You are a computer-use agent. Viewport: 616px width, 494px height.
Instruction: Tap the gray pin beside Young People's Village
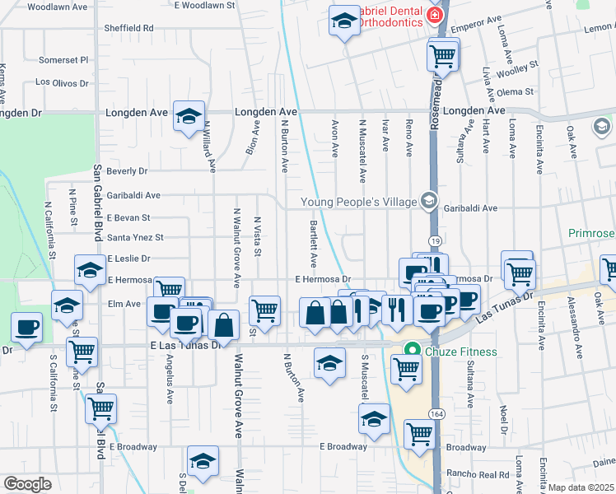click(x=427, y=200)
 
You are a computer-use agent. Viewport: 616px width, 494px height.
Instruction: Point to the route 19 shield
click(x=435, y=240)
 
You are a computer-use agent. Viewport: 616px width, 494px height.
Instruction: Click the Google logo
click(x=27, y=484)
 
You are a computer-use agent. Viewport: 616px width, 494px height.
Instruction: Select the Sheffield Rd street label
click(x=129, y=28)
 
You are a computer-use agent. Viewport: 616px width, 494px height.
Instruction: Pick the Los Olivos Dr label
click(x=61, y=83)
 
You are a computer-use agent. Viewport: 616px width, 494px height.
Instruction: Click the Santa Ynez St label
click(x=136, y=238)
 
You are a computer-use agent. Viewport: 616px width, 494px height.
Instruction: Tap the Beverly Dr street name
click(x=127, y=171)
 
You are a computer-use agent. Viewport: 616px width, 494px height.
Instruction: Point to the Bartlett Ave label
click(x=314, y=244)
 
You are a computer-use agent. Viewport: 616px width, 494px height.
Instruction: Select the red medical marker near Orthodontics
click(x=434, y=14)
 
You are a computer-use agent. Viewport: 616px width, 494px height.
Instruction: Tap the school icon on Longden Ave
click(x=189, y=116)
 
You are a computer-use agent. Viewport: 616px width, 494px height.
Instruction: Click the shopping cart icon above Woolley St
click(x=442, y=55)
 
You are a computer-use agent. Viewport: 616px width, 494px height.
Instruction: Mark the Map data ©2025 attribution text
click(x=581, y=487)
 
